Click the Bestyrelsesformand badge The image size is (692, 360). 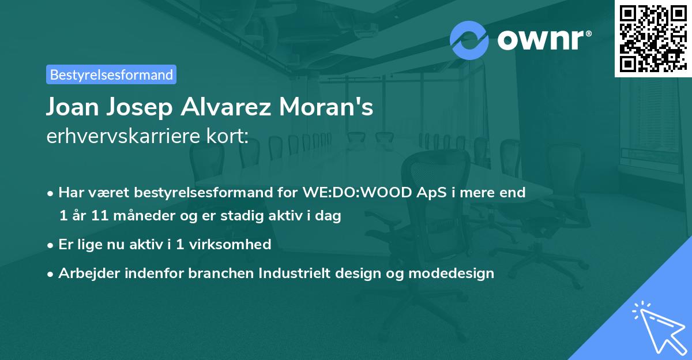coord(111,74)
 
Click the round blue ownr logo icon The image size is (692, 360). coord(469,40)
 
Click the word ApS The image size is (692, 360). coord(427,193)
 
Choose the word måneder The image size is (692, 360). coord(132,216)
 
